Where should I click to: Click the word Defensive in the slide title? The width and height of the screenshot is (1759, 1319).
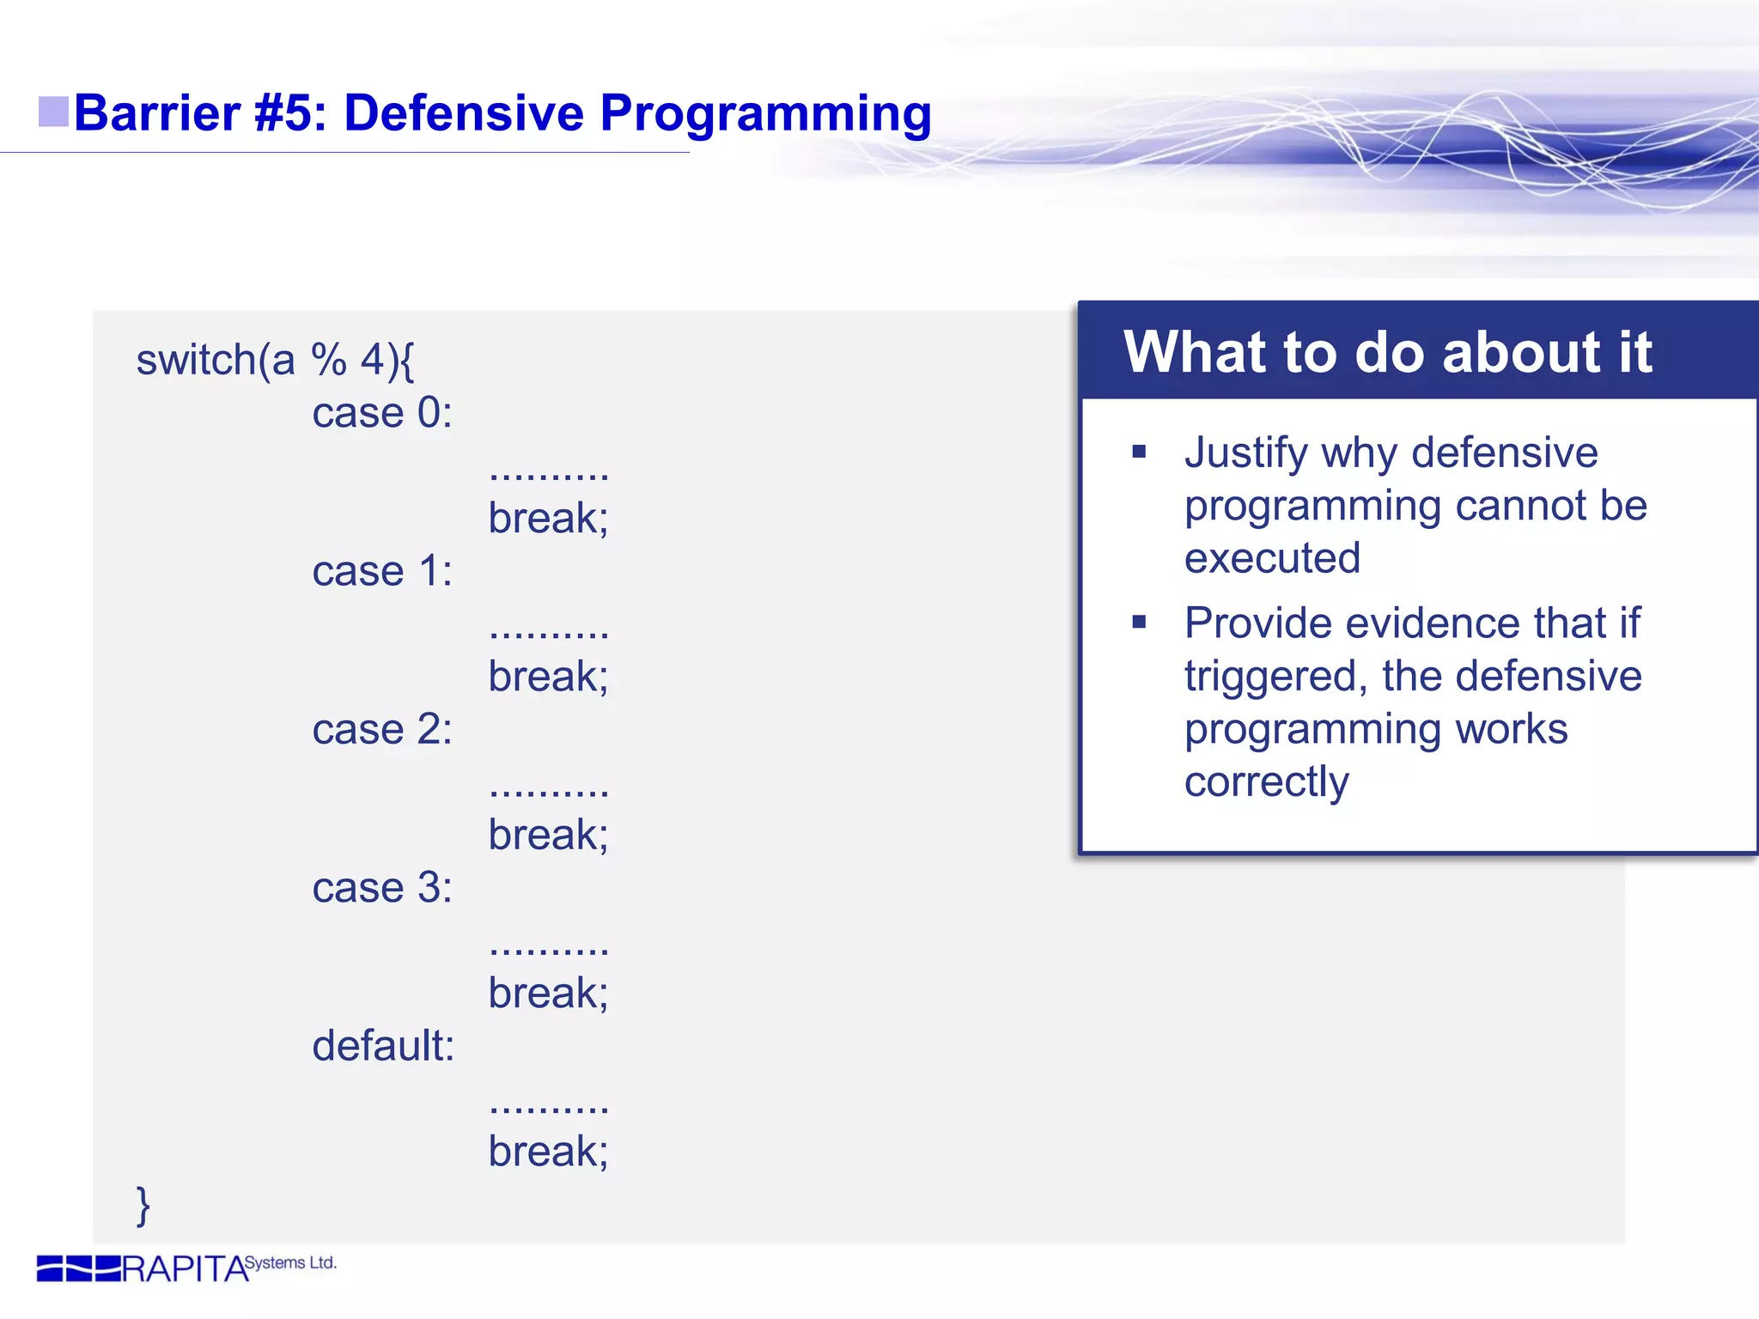[x=463, y=112]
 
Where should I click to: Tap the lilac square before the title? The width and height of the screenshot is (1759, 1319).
[x=53, y=112]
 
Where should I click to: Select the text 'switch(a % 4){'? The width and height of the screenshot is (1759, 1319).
[x=275, y=360]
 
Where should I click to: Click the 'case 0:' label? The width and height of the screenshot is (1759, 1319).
[x=382, y=413]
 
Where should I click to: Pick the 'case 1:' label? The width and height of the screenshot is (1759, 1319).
[x=382, y=572]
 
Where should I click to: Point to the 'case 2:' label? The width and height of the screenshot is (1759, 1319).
[x=382, y=730]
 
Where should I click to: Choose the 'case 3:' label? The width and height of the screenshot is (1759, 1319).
[x=382, y=888]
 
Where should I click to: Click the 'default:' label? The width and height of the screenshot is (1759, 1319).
[x=383, y=1046]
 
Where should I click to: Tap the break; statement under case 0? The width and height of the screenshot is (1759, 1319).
[x=548, y=519]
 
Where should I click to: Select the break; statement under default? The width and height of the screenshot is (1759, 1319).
[x=548, y=1152]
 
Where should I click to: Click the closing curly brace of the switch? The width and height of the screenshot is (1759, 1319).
[x=143, y=1205]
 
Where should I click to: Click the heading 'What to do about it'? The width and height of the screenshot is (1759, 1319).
[x=1387, y=352]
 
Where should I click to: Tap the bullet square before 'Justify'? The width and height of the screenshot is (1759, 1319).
[x=1139, y=452]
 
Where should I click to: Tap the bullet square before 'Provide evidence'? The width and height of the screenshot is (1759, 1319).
[x=1139, y=622]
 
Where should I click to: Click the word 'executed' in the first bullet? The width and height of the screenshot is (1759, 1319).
[x=1272, y=558]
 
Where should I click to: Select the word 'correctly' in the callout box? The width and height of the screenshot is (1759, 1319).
[x=1266, y=782]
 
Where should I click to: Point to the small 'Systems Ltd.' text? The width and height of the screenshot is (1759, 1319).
[x=290, y=1262]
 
